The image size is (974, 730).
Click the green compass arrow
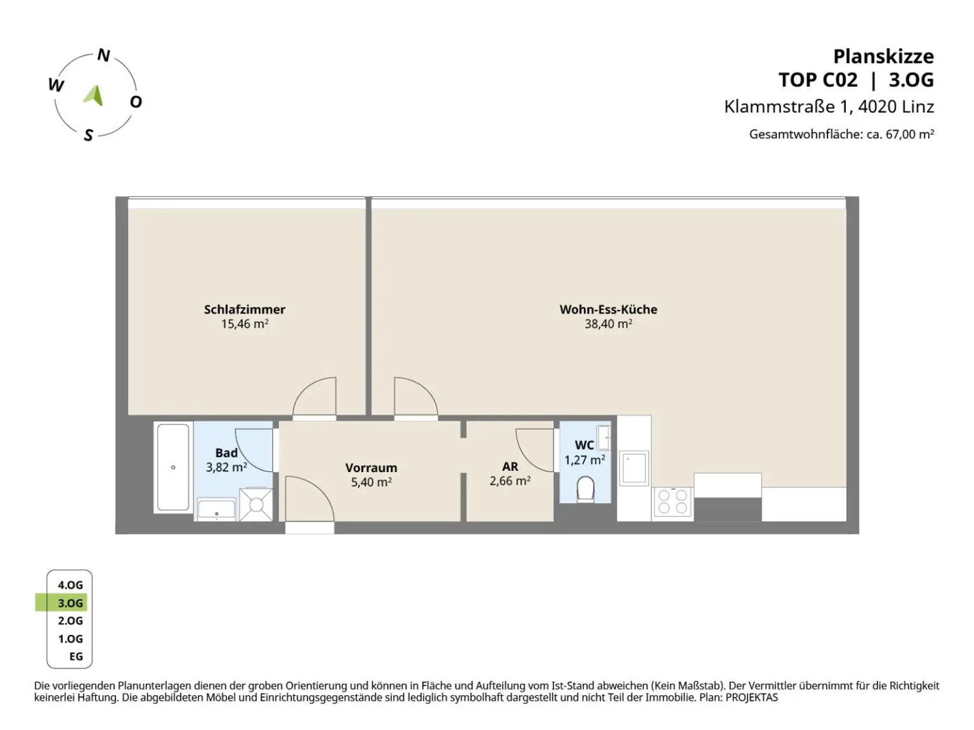pos(94,95)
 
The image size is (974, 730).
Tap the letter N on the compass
pos(103,55)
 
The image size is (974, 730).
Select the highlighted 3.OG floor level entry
pos(70,603)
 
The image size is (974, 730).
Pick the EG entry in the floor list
pos(76,656)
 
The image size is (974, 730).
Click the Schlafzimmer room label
pos(245,309)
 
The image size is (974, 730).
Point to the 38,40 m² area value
pos(608,324)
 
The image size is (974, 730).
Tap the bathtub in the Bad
pos(173,468)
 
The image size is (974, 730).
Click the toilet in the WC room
pos(585,489)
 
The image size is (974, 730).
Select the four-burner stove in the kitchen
pos(672,501)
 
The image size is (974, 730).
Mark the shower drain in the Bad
pos(256,504)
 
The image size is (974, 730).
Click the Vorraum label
pos(371,468)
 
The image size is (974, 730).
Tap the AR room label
pos(510,466)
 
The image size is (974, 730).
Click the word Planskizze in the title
pos(883,57)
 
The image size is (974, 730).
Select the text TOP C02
pos(818,80)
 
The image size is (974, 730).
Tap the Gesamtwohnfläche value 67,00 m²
pos(910,134)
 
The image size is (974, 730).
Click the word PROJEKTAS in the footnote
pos(751,697)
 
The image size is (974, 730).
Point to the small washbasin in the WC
pos(604,437)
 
